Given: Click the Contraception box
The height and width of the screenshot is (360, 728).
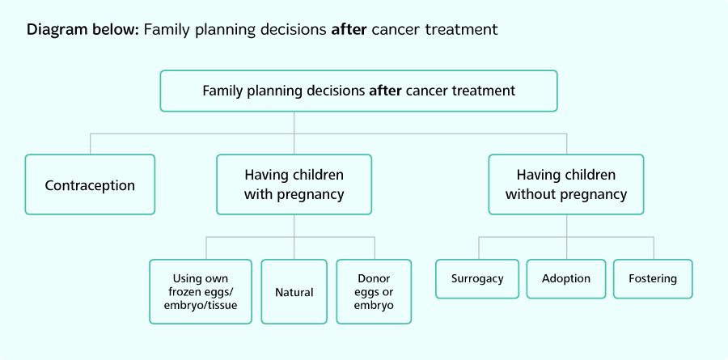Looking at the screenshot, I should [x=90, y=184].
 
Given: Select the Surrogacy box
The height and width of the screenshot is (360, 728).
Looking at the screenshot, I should [x=477, y=278].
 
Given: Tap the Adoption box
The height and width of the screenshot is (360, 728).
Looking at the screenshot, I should [x=565, y=278].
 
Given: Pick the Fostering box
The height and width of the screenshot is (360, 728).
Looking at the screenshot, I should [x=653, y=278].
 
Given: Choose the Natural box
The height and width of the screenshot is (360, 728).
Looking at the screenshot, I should [x=294, y=292].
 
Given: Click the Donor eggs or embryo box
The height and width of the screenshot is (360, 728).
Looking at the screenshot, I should [x=374, y=292].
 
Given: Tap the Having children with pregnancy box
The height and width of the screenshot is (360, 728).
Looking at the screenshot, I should [x=294, y=184].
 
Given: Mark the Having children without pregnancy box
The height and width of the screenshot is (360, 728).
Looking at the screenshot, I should [x=566, y=184].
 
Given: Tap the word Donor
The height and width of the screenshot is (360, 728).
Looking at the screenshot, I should [x=374, y=278].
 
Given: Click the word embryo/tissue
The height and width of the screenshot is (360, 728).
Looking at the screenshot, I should [x=205, y=306].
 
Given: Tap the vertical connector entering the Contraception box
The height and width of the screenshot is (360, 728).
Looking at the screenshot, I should [x=90, y=144].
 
